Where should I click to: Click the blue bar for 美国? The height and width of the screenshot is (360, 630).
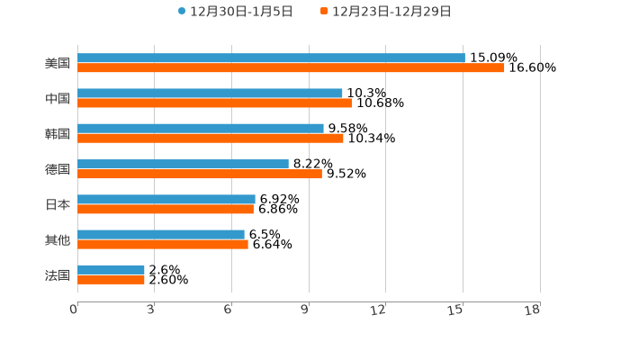(271, 58)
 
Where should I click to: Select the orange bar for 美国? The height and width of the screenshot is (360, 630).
(291, 67)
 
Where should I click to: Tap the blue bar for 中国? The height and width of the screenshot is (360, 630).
(210, 93)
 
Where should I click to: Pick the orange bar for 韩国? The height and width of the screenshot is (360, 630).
(211, 138)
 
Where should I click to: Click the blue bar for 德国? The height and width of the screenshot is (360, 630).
(183, 164)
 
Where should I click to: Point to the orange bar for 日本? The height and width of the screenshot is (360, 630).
(166, 209)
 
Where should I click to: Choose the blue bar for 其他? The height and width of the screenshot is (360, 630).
(161, 234)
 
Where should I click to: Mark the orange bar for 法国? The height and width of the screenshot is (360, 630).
(111, 280)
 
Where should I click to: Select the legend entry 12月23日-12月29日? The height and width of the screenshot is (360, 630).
(391, 12)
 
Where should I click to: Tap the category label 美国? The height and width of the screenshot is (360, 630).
(58, 63)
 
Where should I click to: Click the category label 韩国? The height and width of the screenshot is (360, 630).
(58, 133)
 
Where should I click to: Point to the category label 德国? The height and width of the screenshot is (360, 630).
(58, 169)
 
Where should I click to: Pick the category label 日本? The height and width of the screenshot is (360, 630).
(58, 204)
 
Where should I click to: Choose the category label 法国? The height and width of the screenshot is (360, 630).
(58, 274)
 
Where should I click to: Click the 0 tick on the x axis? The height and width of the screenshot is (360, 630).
(74, 310)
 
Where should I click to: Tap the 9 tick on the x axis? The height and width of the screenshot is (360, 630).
(305, 310)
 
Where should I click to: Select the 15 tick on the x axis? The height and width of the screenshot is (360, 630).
(456, 310)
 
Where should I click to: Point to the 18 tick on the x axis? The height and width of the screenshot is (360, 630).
(533, 310)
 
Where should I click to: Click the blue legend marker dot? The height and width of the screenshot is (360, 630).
(182, 12)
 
